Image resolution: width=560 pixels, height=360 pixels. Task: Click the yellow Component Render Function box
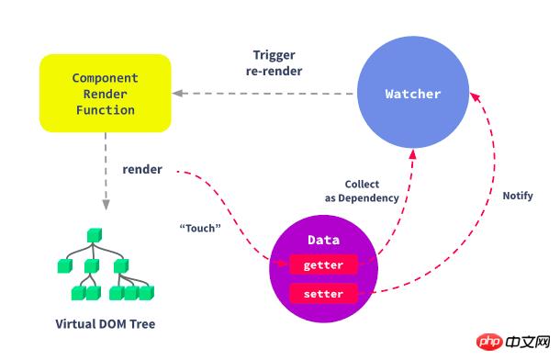106,94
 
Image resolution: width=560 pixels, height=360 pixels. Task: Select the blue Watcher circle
413,92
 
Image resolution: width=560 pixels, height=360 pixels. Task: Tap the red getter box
323,264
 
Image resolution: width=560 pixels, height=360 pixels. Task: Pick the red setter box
323,294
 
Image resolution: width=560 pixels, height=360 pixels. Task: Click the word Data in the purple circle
323,240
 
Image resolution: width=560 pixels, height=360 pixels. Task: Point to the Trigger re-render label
274,62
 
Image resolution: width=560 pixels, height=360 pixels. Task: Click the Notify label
518,196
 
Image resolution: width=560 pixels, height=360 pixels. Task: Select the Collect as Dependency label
362,191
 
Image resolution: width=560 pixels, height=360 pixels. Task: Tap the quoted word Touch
200,228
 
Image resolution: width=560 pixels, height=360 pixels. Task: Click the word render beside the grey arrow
142,169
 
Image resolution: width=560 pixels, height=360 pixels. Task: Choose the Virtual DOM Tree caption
106,324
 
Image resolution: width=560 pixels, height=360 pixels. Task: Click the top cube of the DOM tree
95,235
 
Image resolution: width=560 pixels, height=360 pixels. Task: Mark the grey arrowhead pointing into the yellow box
177,94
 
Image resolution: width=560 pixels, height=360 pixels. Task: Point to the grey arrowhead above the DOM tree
106,205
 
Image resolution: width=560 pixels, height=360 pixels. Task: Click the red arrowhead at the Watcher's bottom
413,154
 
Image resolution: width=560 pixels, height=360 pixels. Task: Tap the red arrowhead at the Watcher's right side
476,96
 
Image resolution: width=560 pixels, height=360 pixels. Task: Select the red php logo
489,343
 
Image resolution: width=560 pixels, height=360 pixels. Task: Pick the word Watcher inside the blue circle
413,94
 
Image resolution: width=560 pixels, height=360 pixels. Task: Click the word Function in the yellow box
106,110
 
